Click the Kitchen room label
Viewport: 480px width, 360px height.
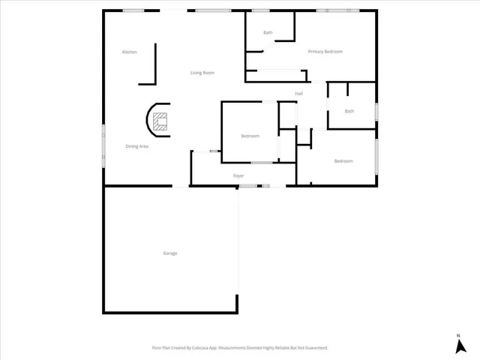(130, 52)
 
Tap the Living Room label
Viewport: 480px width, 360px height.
(202, 73)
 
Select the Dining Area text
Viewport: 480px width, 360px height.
(136, 146)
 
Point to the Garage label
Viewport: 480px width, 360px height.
(170, 253)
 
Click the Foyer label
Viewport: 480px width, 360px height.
(238, 176)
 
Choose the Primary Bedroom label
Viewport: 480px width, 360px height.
(325, 52)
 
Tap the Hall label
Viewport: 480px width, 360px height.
(298, 94)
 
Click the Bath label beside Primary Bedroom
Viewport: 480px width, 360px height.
(268, 33)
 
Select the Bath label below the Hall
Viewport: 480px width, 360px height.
(349, 112)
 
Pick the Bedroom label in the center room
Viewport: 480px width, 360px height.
(250, 136)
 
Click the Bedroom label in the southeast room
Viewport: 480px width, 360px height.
(343, 161)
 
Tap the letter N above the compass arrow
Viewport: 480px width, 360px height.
(458, 334)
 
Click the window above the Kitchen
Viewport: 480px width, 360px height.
(133, 10)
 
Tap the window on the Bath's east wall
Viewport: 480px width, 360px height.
(376, 112)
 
